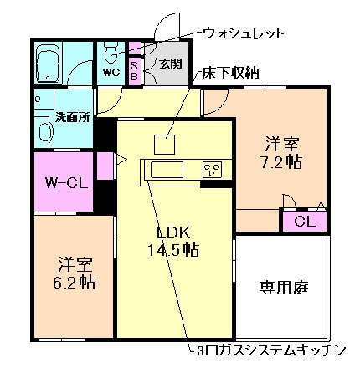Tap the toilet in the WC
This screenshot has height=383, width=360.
(110, 55)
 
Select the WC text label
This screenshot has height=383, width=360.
(111, 72)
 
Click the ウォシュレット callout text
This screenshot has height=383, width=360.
(244, 33)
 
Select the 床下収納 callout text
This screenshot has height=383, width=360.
(229, 74)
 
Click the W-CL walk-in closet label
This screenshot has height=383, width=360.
(63, 181)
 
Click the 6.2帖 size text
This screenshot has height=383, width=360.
(74, 282)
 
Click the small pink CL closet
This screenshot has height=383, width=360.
(305, 222)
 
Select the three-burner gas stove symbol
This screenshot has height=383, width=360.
(212, 171)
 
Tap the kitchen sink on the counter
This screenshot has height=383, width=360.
(167, 171)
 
